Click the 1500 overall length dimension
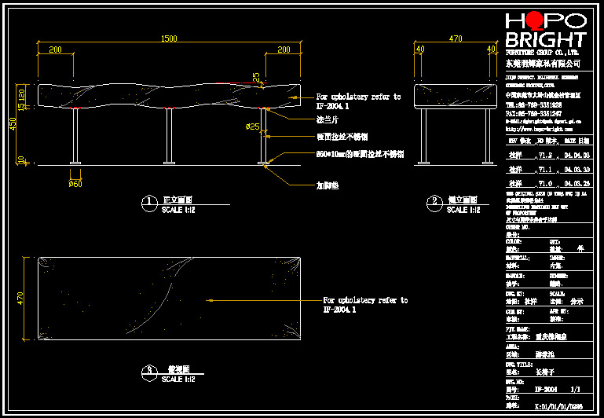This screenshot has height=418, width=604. (x=168, y=38)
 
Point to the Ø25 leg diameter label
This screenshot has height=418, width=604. (x=253, y=126)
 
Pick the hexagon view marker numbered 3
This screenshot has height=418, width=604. (x=149, y=372)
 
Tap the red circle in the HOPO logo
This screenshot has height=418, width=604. (x=536, y=20)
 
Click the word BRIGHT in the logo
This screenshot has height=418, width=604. (x=545, y=40)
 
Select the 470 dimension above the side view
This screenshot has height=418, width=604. (x=455, y=38)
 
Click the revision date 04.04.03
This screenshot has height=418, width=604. (x=577, y=156)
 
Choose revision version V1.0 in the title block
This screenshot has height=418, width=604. (x=544, y=182)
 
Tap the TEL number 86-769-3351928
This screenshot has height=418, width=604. (x=539, y=104)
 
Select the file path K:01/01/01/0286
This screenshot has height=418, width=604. (x=558, y=408)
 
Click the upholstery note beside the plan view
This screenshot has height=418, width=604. (x=365, y=305)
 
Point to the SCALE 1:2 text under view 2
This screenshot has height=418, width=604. (x=464, y=211)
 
